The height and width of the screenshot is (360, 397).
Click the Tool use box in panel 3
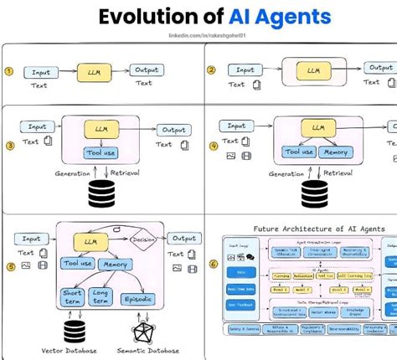click(x=100, y=152)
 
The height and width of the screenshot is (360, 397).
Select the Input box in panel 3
click(x=37, y=126)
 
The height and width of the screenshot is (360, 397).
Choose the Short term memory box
click(x=71, y=296)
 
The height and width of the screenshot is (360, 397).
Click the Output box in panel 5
click(x=183, y=239)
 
